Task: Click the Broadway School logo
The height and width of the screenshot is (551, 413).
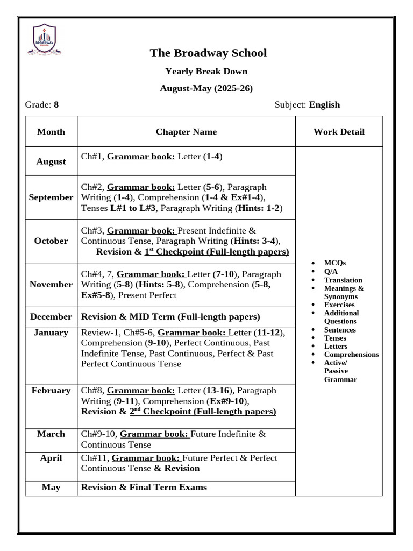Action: pyautogui.click(x=45, y=40)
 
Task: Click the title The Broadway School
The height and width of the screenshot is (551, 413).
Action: pyautogui.click(x=208, y=53)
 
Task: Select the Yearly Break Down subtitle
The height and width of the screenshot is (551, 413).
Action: pyautogui.click(x=206, y=71)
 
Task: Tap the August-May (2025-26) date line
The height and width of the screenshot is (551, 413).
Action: pyautogui.click(x=206, y=88)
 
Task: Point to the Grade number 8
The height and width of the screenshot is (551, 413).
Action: pyautogui.click(x=56, y=104)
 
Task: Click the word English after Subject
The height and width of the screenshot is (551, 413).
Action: pyautogui.click(x=324, y=104)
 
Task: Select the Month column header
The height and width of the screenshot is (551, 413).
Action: pyautogui.click(x=51, y=131)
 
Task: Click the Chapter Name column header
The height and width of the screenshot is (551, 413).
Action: pyautogui.click(x=186, y=131)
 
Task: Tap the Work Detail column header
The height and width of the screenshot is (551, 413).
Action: pyautogui.click(x=339, y=131)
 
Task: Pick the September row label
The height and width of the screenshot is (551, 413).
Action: pyautogui.click(x=51, y=197)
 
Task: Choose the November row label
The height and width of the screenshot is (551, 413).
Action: pyautogui.click(x=51, y=284)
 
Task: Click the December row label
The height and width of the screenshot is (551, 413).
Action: pyautogui.click(x=51, y=316)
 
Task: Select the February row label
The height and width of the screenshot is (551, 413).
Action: pyautogui.click(x=51, y=390)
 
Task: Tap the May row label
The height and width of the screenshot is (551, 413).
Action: pyautogui.click(x=51, y=487)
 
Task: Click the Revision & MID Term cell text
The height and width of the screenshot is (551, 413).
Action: pyautogui.click(x=170, y=316)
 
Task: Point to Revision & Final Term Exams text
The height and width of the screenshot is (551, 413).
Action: pyautogui.click(x=144, y=487)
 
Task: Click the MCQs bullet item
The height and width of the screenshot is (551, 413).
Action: pyautogui.click(x=335, y=263)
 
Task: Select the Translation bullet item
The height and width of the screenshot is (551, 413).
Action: pyautogui.click(x=343, y=280)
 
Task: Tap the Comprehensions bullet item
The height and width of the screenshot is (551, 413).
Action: pyautogui.click(x=351, y=355)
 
